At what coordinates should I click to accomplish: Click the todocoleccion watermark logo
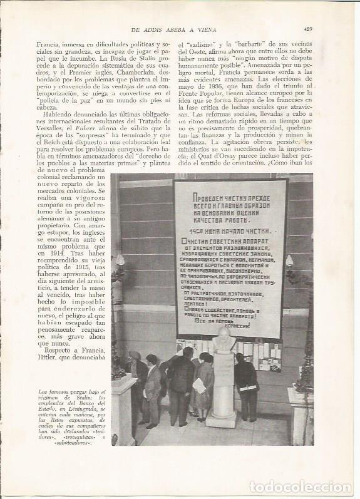[301, 486]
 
